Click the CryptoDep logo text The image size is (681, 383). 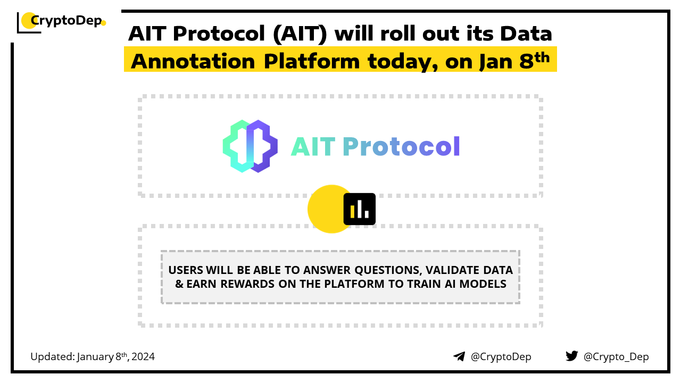[67, 21]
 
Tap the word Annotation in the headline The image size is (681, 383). [193, 61]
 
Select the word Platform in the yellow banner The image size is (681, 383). [312, 61]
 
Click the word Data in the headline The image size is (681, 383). [526, 34]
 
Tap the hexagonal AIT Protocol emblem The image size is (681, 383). [250, 146]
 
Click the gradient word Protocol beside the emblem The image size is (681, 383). [401, 146]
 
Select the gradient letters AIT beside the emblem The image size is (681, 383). [313, 146]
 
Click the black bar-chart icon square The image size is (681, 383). [359, 209]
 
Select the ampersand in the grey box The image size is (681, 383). [179, 284]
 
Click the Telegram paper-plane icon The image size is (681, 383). [459, 356]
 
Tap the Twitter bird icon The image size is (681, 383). [572, 356]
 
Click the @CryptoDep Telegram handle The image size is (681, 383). [501, 357]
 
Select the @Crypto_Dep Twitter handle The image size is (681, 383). [616, 357]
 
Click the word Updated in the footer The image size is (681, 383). [53, 357]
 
